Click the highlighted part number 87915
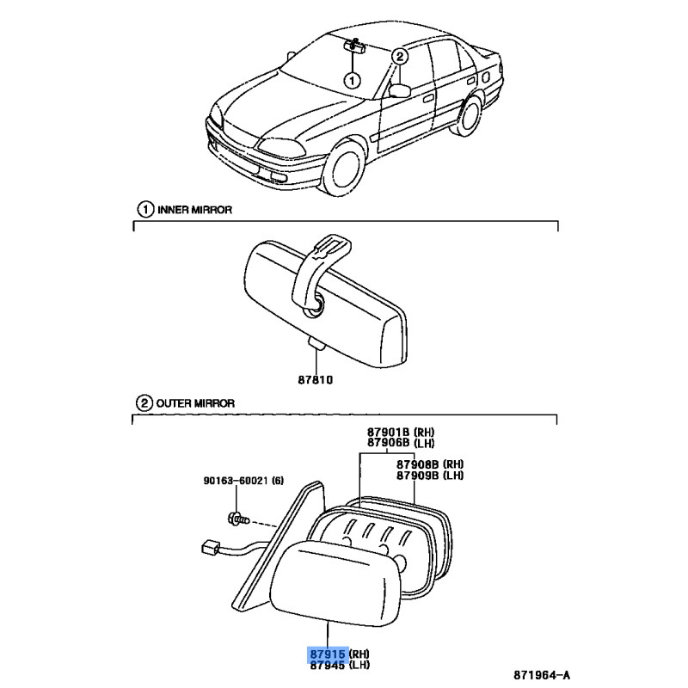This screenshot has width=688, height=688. (328, 654)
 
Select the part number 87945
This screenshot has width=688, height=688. (328, 666)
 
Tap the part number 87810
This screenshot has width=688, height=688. (316, 380)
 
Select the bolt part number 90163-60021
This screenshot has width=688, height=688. (236, 481)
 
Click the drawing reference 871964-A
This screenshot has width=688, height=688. (542, 675)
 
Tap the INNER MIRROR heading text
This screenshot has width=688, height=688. (195, 210)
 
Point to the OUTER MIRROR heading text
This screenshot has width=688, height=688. (195, 403)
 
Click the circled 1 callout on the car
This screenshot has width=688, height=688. (352, 80)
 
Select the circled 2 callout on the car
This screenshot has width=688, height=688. (399, 56)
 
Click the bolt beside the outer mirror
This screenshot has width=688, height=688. (238, 519)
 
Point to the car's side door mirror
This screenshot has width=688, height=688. (399, 90)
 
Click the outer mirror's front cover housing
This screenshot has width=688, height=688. (335, 584)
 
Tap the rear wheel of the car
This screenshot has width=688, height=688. (469, 116)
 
